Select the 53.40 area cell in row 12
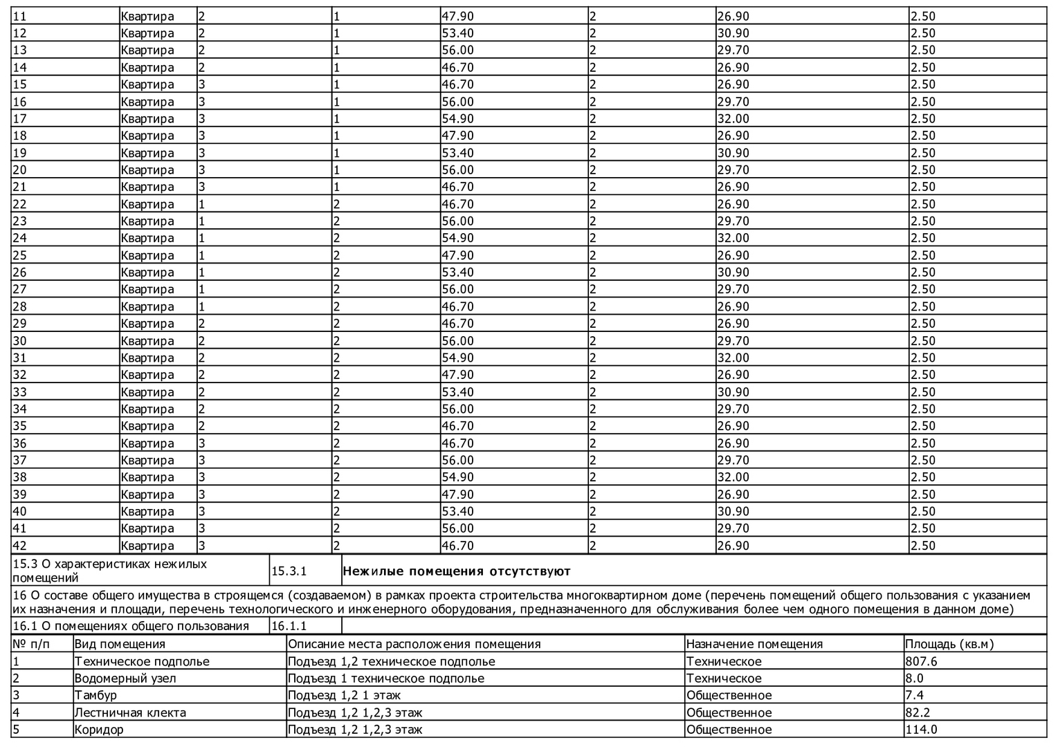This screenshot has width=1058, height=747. (x=457, y=33)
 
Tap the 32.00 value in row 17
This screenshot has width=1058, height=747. (x=733, y=119)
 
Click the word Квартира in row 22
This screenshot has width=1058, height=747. (x=147, y=204)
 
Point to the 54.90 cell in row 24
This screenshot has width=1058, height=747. (x=457, y=238)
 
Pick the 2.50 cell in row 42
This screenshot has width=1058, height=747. (x=922, y=546)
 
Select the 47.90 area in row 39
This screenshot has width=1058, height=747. (x=457, y=495)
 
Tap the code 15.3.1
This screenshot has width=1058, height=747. (x=289, y=572)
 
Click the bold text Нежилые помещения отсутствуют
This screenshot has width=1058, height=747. (x=457, y=572)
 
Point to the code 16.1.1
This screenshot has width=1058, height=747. (x=289, y=627)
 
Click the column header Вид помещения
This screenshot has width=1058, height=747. (x=120, y=645)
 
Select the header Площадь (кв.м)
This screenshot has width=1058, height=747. (x=949, y=645)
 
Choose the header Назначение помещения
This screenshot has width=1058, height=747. (x=754, y=645)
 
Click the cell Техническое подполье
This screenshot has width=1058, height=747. (x=142, y=661)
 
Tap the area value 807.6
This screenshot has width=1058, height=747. (x=922, y=661)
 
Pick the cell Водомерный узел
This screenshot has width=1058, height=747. (x=125, y=679)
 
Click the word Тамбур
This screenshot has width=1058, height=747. (x=95, y=695)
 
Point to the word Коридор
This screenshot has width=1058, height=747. (x=99, y=730)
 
